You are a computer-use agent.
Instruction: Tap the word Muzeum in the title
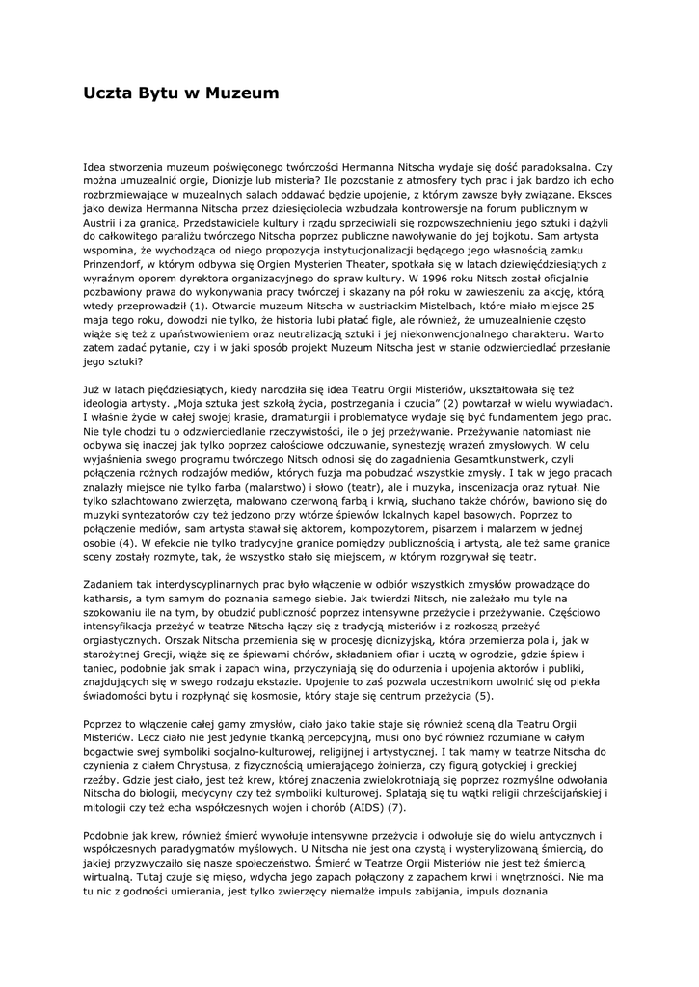(245, 93)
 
